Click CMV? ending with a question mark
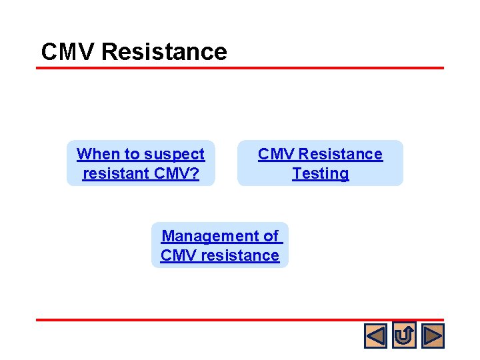point(175,173)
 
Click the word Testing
point(320,173)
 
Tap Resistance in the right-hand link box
point(341,154)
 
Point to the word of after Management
point(271,236)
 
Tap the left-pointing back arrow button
point(375,335)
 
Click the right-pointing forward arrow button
point(433,335)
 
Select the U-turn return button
point(404,335)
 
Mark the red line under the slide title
point(240,68)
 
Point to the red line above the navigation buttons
point(240,320)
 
